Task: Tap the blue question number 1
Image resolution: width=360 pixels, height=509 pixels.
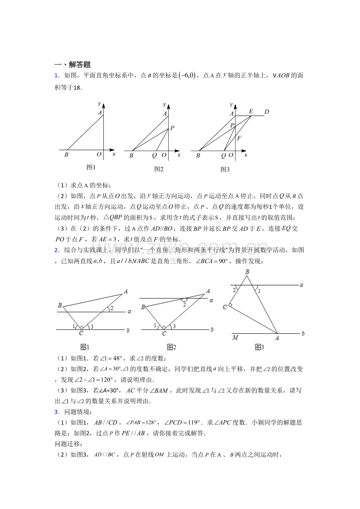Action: [x=56, y=75]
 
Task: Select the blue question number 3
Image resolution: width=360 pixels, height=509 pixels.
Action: [x=56, y=412]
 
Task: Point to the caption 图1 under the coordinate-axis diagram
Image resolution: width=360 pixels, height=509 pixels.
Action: [x=91, y=167]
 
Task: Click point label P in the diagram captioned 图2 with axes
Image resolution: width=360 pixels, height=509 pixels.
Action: [x=172, y=128]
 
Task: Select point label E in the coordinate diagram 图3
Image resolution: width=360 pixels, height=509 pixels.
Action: [x=251, y=111]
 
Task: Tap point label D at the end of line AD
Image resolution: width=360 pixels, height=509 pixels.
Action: [x=266, y=112]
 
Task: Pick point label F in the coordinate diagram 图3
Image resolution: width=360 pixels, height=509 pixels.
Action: [x=239, y=138]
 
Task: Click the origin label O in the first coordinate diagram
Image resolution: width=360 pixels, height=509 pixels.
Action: [x=99, y=155]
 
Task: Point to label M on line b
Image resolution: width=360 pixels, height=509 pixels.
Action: [x=235, y=337]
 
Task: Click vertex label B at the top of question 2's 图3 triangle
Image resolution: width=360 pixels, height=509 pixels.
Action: [x=247, y=272]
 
